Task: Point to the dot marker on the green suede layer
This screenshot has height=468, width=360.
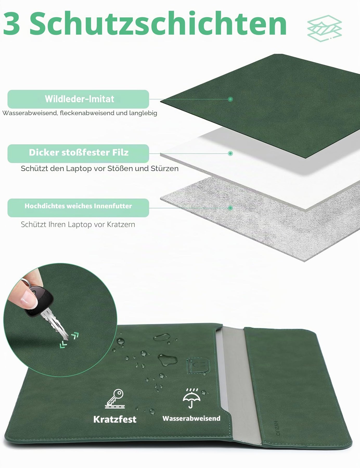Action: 230,99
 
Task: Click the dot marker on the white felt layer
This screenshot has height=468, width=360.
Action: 230,153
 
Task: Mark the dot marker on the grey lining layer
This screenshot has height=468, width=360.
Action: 230,208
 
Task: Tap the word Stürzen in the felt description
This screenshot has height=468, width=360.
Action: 165,168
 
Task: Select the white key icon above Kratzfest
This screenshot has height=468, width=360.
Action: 115,399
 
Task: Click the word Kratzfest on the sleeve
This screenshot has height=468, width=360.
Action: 115,419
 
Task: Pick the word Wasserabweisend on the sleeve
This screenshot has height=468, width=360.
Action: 191,418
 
